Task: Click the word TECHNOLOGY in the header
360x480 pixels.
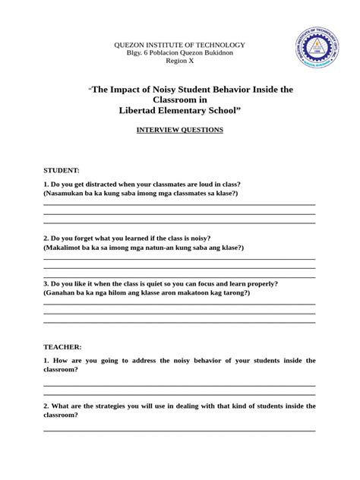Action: pos(216,46)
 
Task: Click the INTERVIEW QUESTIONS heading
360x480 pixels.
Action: pos(179,130)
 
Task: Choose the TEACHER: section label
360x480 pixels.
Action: pos(62,346)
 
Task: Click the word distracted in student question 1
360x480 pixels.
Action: pos(110,185)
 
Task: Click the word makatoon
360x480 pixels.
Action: pos(192,292)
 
